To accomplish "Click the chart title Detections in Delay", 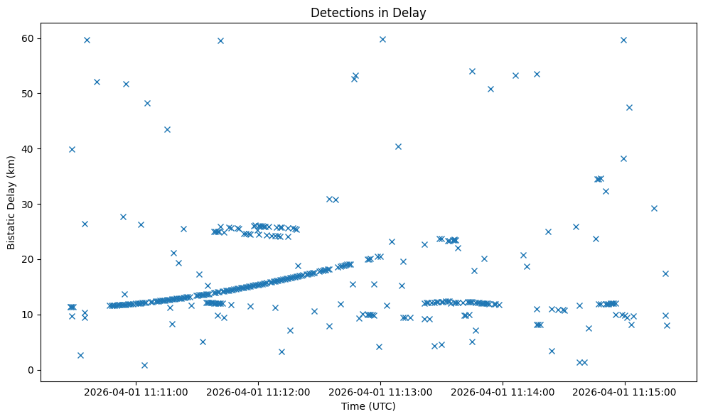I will [x=368, y=12].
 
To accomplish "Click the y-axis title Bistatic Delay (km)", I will [x=11, y=202].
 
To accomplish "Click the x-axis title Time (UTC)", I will [x=368, y=406].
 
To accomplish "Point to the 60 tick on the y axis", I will [x=29, y=38].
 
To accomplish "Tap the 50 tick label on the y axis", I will [x=29, y=93].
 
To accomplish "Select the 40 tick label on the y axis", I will [x=29, y=148].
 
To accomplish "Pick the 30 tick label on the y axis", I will [x=29, y=204].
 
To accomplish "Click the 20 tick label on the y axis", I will [x=29, y=259].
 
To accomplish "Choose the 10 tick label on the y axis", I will [x=29, y=315].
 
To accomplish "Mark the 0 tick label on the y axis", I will [x=32, y=370].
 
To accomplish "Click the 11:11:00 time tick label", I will [x=136, y=391].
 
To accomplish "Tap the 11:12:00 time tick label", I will [x=258, y=391].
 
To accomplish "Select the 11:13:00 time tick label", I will [x=380, y=391].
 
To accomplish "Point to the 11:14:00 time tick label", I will [x=503, y=391].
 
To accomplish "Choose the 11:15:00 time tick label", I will [x=625, y=391].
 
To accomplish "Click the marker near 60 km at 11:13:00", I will [x=382, y=39].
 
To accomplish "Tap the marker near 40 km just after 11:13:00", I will [x=398, y=146].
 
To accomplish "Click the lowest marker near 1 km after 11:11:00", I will [x=144, y=365].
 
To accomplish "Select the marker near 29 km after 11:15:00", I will [x=654, y=208].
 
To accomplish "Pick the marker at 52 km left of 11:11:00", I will [x=97, y=82].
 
